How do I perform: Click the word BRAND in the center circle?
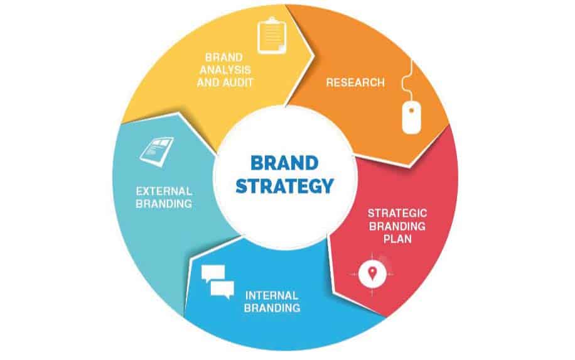tap(284, 162)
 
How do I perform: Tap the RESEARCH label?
tap(355, 82)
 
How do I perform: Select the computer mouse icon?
tap(411, 117)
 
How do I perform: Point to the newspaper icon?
tap(156, 150)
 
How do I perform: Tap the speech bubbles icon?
tap(217, 282)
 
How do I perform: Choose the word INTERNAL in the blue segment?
tap(272, 295)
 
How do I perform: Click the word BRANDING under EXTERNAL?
tap(163, 204)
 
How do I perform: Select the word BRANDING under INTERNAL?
tap(272, 308)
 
